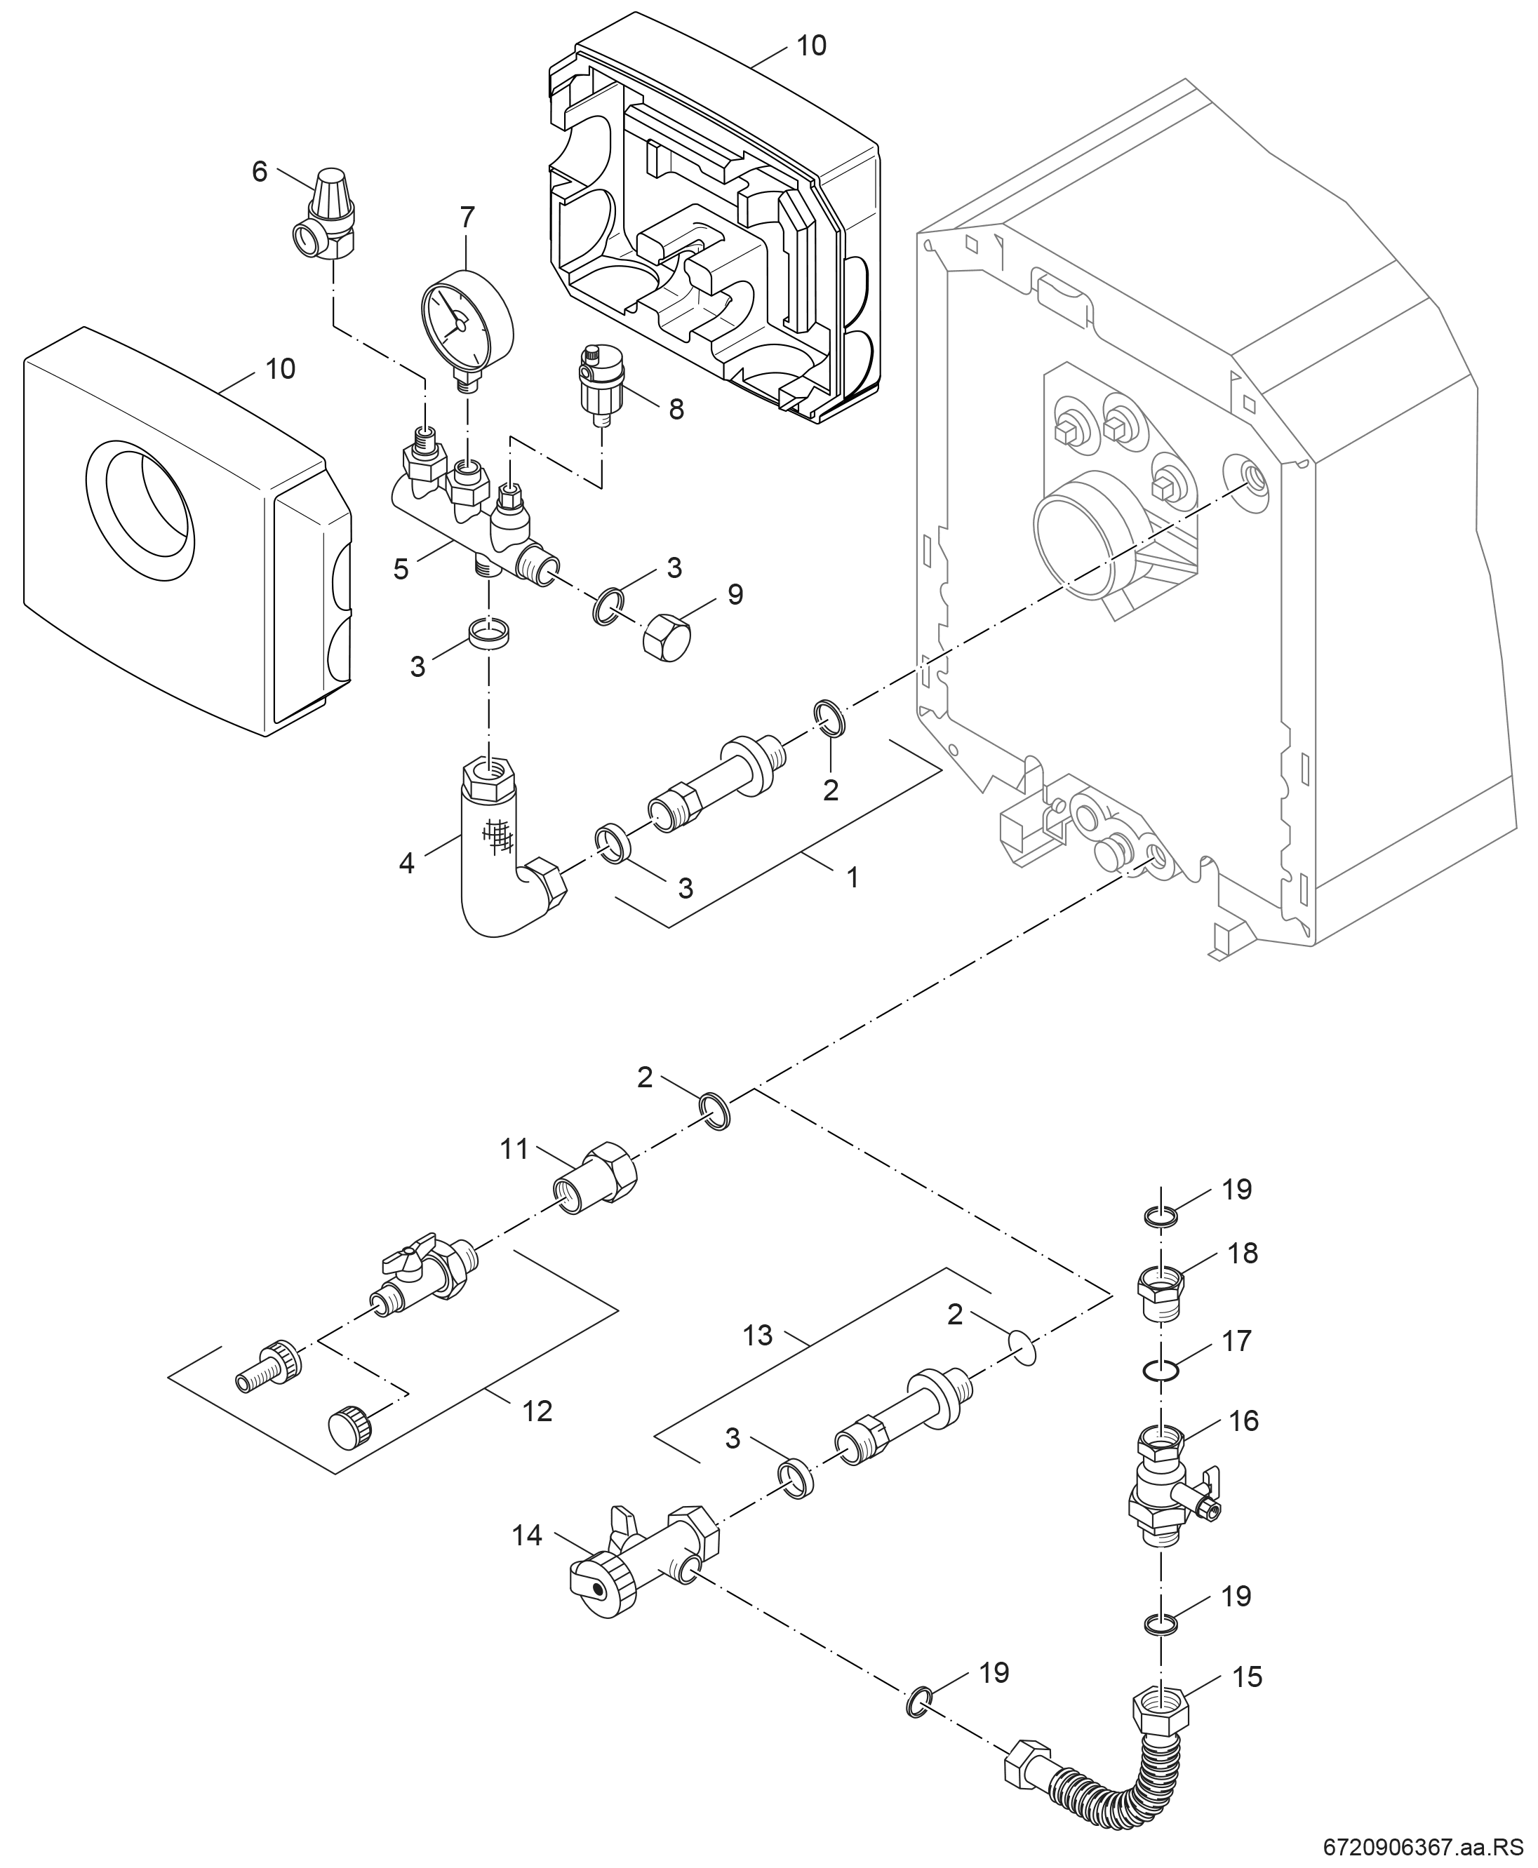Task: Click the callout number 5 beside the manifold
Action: (401, 569)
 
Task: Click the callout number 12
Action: (537, 1410)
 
